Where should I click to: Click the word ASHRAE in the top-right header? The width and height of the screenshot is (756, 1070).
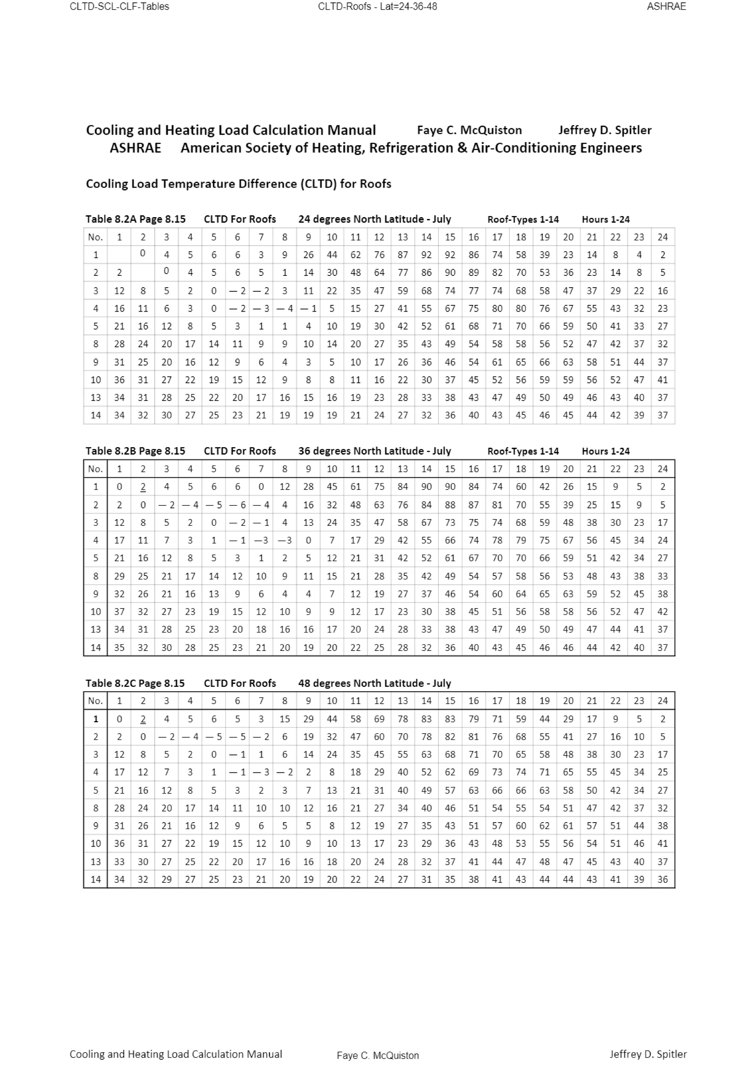click(666, 7)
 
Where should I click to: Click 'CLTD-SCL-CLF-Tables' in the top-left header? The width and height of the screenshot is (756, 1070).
click(119, 7)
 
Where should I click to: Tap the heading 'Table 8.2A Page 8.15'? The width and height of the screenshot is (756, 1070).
click(135, 219)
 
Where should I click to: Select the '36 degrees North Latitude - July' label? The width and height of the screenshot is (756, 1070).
click(375, 451)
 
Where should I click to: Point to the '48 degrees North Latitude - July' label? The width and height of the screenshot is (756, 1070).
click(375, 683)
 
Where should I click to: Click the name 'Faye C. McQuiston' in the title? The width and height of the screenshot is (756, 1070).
click(469, 130)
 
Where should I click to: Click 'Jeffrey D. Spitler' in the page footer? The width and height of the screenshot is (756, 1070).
click(648, 1054)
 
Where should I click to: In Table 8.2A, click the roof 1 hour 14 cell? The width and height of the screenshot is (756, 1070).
click(426, 255)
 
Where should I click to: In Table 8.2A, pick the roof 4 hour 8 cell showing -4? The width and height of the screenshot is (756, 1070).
click(284, 309)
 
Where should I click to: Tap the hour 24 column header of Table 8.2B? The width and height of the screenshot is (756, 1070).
click(662, 469)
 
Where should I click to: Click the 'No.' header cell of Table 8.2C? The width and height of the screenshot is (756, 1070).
click(96, 701)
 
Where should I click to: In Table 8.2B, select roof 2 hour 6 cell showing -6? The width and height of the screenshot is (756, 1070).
click(237, 505)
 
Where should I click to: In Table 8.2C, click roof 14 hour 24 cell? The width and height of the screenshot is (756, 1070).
click(662, 879)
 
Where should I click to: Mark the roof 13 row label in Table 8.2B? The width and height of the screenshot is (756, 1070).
click(96, 630)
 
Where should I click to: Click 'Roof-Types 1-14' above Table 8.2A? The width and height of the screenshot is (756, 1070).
click(523, 219)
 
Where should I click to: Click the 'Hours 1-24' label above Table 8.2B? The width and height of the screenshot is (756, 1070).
click(605, 451)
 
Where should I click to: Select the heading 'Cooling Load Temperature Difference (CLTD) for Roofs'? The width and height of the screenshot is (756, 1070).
click(238, 184)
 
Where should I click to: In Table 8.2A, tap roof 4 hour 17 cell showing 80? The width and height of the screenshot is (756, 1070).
click(497, 309)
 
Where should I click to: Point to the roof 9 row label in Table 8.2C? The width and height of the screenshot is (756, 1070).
click(96, 826)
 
